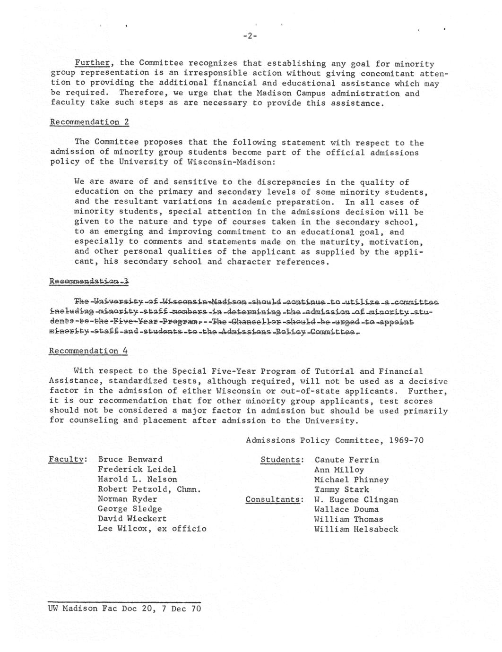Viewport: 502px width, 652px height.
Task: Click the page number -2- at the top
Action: [250, 36]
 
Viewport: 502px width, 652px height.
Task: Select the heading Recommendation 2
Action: [89, 122]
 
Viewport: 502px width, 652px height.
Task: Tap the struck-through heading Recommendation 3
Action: [89, 282]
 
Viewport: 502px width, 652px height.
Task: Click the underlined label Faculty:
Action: [67, 459]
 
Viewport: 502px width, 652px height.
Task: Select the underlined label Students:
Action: [281, 460]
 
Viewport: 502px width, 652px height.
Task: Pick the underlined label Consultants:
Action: [274, 499]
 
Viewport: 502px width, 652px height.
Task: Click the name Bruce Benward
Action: [130, 459]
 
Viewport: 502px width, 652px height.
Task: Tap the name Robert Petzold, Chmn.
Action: [149, 489]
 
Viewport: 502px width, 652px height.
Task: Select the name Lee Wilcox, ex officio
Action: [152, 529]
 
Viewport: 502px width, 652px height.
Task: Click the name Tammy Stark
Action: [341, 489]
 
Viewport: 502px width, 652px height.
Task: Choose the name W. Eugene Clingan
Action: [356, 499]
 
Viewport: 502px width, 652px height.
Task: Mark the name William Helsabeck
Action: [356, 529]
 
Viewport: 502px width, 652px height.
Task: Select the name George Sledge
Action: [130, 509]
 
